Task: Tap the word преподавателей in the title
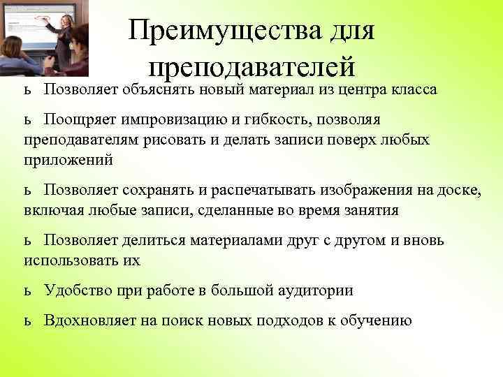coord(252,67)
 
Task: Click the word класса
coord(410,90)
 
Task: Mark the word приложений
coord(67,159)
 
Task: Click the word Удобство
coord(75,290)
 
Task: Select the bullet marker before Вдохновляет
coord(27,321)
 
